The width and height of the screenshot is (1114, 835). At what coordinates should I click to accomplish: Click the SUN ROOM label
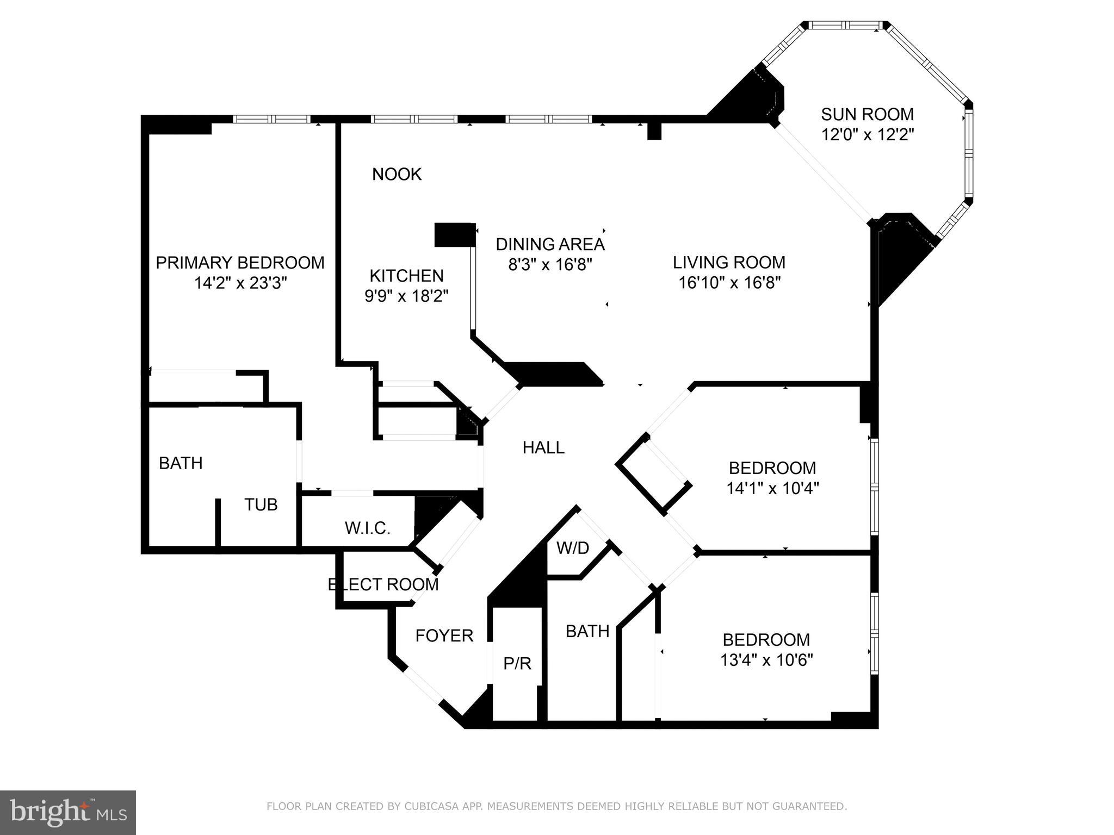pos(867,114)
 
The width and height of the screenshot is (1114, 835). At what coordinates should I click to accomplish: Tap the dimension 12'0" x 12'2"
pos(867,134)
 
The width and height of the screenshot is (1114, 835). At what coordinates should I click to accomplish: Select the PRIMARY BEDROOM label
pos(240,263)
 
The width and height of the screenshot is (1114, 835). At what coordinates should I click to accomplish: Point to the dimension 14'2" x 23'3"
pos(240,283)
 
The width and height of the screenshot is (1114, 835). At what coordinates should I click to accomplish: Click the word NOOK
pos(397,174)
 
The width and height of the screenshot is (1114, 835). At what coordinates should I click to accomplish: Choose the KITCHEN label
pos(406,276)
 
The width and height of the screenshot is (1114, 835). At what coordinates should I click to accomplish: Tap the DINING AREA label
pos(550,244)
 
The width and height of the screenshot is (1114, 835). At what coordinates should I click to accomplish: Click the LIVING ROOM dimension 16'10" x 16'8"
pos(729,283)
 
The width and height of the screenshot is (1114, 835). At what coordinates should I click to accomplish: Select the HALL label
pos(543,447)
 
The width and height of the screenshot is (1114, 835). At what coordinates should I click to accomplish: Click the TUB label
pos(261,504)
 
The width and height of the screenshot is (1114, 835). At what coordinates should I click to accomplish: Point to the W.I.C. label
pos(367,528)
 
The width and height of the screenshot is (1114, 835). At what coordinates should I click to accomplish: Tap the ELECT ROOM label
pos(383,584)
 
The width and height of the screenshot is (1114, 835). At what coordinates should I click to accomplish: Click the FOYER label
pos(444,635)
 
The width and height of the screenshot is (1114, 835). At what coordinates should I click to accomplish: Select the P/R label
pos(517,663)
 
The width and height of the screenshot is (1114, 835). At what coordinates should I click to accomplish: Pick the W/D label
pos(572,548)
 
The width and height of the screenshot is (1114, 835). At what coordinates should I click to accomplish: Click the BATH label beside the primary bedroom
pos(181,463)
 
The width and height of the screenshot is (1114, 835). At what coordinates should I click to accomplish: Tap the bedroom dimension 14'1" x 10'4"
pos(772,488)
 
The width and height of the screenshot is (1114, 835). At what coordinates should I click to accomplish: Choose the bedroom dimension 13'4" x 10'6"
pos(766,660)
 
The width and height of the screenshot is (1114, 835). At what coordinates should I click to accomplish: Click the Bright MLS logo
pos(68,812)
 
